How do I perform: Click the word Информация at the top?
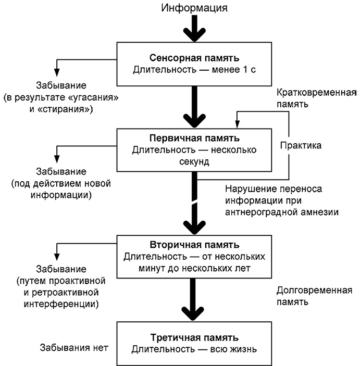194,8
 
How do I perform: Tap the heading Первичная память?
194,138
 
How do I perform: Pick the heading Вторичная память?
194,245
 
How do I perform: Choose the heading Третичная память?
194,337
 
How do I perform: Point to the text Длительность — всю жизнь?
194,349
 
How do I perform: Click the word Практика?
301,145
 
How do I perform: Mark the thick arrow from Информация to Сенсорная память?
194,29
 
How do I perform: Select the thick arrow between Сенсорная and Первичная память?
194,107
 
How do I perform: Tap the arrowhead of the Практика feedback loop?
237,124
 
